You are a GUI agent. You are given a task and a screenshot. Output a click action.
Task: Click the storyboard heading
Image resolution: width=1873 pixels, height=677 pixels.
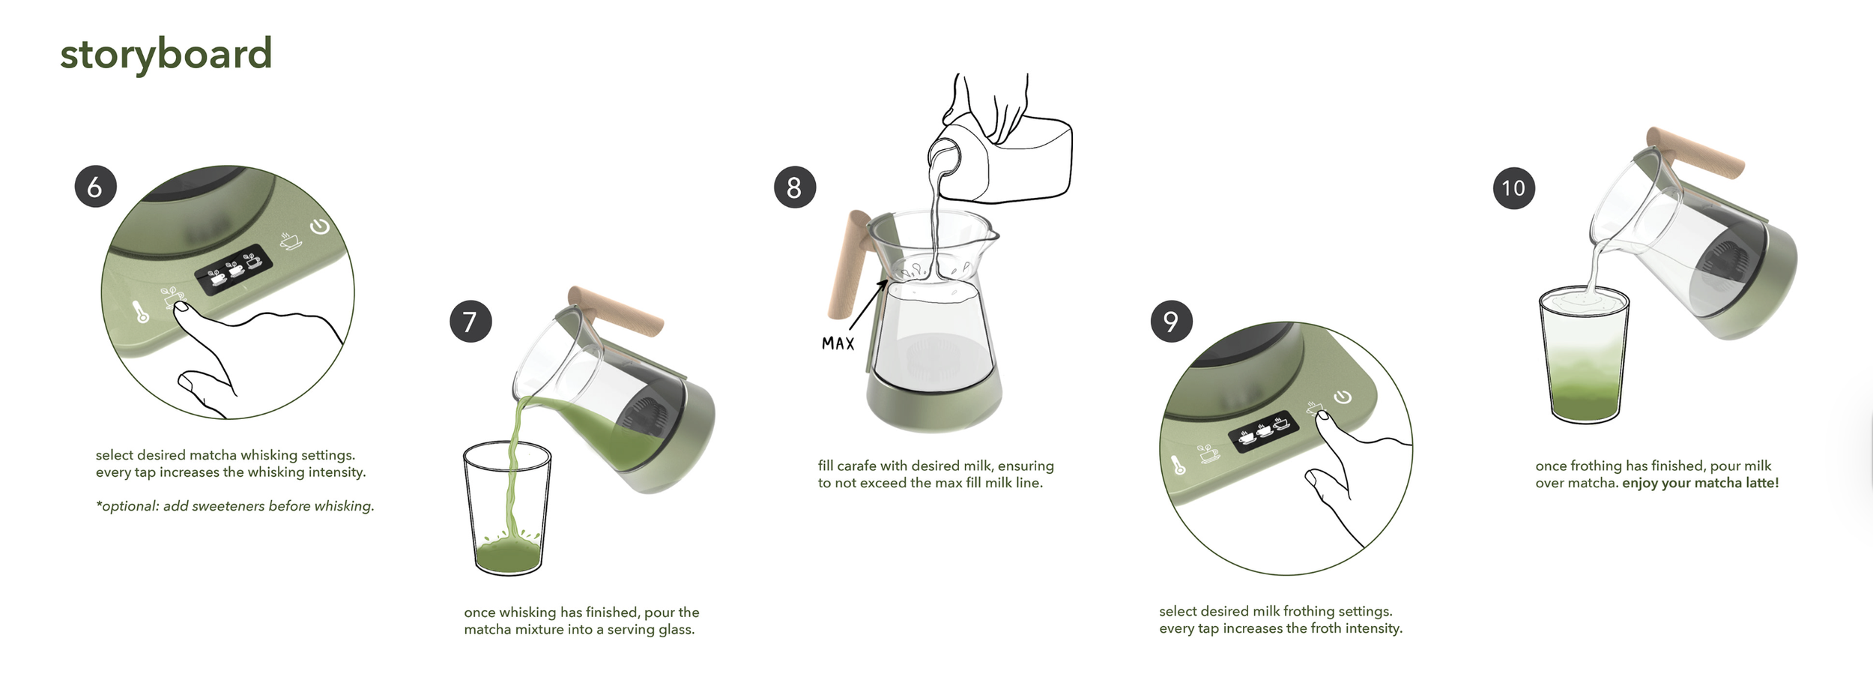click(x=166, y=55)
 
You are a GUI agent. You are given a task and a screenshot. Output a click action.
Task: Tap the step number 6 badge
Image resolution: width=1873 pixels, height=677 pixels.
click(x=95, y=187)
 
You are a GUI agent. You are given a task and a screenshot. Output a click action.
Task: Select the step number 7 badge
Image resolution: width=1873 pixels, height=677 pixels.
click(x=470, y=322)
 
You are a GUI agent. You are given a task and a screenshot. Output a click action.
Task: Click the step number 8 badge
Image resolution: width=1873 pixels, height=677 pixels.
click(x=795, y=187)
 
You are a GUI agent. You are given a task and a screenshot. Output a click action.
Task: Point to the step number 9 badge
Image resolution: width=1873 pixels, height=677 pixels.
click(x=1172, y=322)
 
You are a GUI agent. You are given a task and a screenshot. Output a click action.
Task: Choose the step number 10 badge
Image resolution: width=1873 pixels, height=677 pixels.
click(x=1514, y=187)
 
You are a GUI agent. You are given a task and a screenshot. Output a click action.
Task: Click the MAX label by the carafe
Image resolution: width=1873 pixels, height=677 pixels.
click(x=838, y=343)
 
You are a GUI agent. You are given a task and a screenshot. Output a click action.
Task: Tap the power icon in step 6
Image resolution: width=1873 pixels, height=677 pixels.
click(x=320, y=226)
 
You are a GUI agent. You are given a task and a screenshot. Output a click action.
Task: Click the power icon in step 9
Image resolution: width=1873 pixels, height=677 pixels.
click(x=1342, y=397)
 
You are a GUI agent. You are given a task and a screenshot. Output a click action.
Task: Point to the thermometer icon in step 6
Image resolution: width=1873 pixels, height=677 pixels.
click(x=142, y=312)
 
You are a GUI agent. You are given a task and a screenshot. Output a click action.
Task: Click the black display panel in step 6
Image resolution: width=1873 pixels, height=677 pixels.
click(x=234, y=269)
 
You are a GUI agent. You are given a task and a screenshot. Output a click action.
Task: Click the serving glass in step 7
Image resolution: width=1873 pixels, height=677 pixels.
click(x=507, y=509)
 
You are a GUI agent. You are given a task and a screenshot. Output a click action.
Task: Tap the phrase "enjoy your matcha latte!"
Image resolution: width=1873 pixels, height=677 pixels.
click(x=1700, y=484)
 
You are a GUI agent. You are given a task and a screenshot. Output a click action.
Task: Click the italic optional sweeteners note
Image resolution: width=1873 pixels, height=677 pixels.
click(x=235, y=507)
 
